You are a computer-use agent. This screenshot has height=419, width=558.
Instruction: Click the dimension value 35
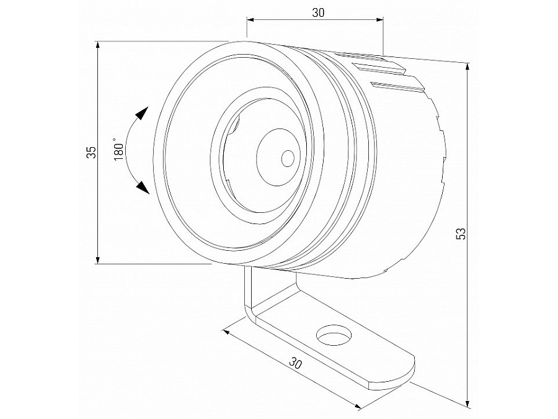(91, 153)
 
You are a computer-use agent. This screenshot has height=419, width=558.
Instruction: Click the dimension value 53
(461, 233)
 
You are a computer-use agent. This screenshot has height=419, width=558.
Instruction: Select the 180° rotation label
(120, 150)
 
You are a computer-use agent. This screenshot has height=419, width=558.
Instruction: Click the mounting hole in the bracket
(334, 336)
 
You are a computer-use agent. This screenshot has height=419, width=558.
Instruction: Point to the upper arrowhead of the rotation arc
(142, 114)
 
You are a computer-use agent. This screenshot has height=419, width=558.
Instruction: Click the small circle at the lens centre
(287, 158)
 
